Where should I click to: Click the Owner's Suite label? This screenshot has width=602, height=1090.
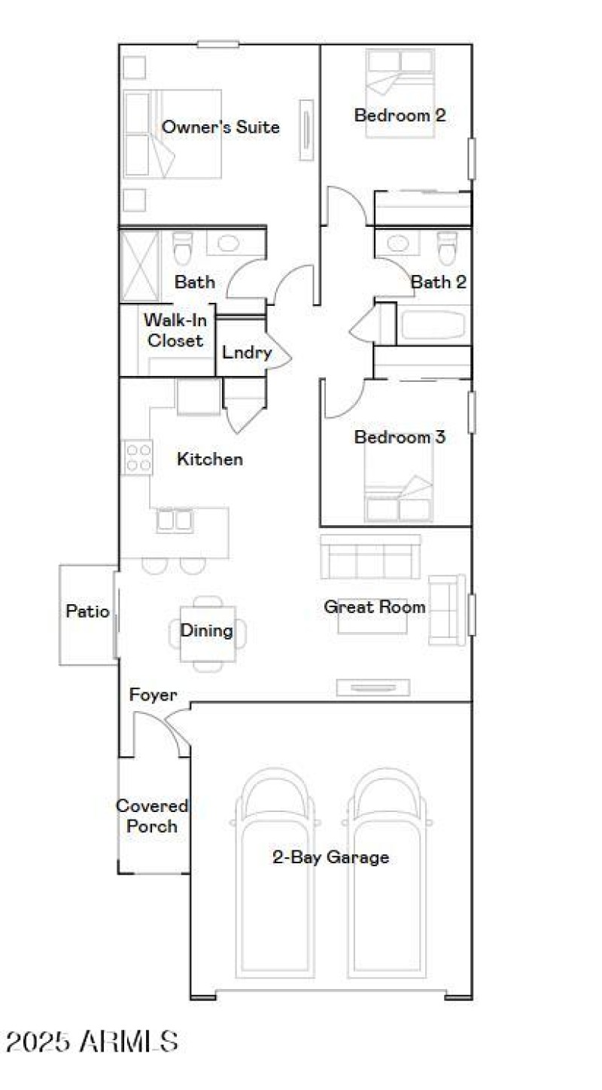coord(220,127)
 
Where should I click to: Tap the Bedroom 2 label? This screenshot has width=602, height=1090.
coord(400,115)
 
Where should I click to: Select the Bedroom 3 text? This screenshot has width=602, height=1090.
coord(400,437)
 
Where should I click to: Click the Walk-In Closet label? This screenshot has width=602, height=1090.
coord(175,330)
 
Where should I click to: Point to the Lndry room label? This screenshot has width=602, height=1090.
coord(246,352)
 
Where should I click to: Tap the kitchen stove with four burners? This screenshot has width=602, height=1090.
coord(138,457)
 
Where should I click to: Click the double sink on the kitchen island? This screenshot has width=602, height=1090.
coord(175,521)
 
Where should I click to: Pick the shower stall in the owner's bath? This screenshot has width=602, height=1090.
coord(140,266)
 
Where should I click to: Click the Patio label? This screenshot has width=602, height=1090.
coord(87,611)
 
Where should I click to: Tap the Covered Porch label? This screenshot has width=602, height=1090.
coord(152,817)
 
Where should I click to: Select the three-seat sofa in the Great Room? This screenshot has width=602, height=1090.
coord(370,557)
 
